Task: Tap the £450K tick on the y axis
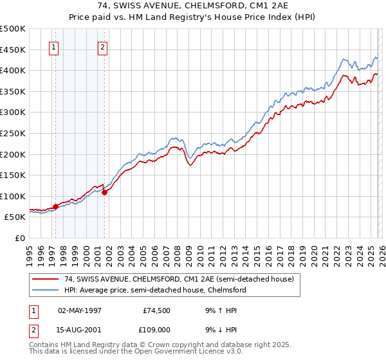(x=13, y=50)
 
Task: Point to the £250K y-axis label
(x=13, y=133)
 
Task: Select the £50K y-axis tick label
(x=15, y=217)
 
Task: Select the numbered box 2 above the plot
(x=103, y=46)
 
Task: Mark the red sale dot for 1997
(x=56, y=206)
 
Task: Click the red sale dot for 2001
(x=104, y=192)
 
